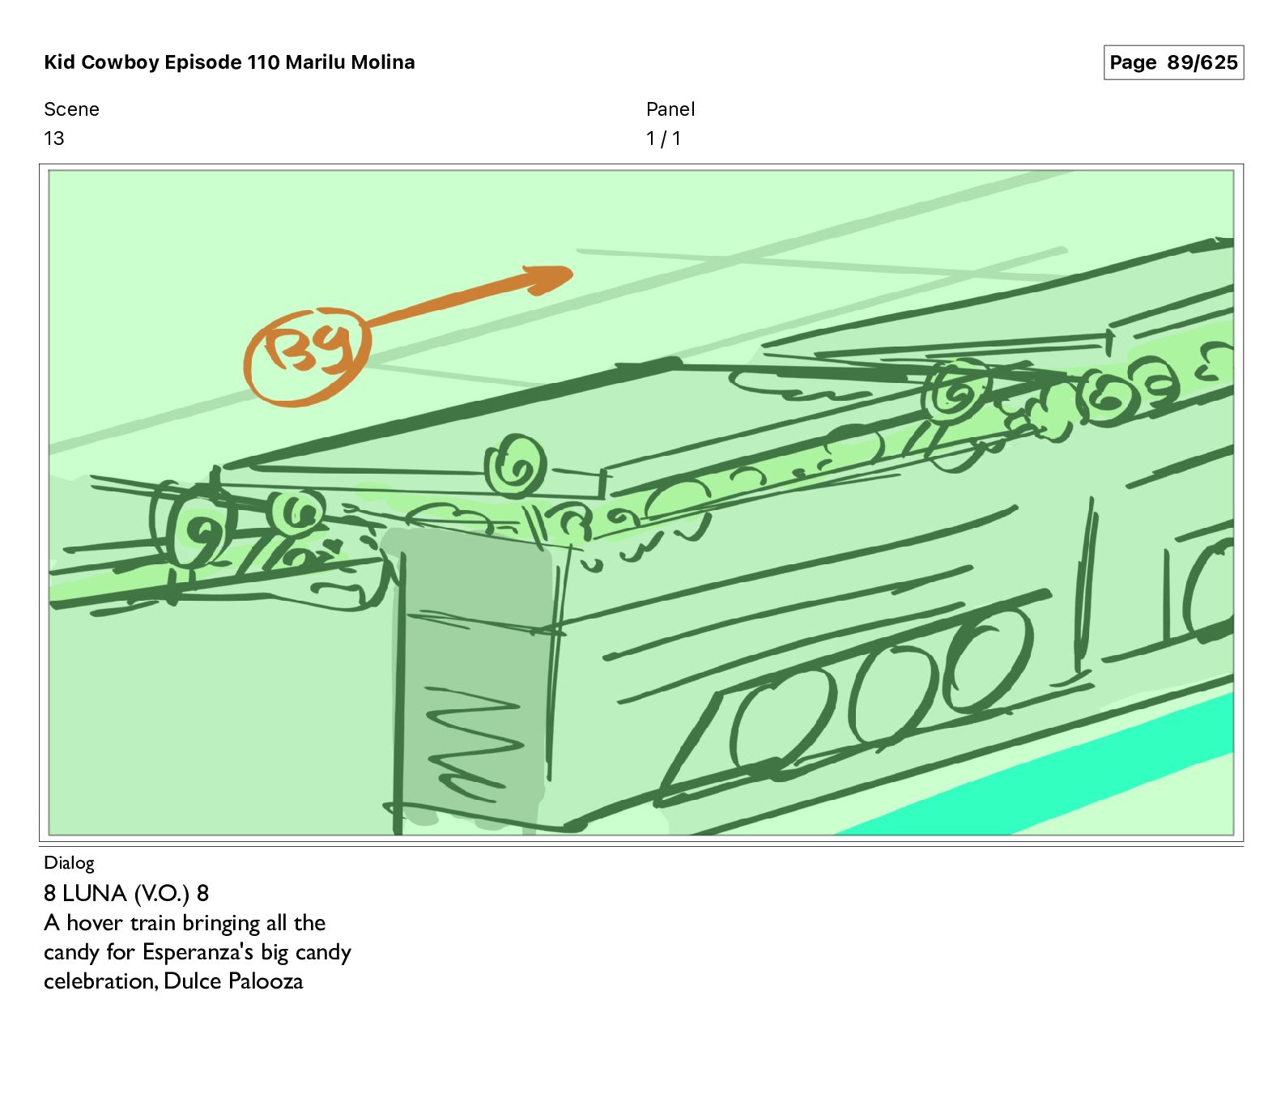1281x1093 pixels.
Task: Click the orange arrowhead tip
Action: (572, 273)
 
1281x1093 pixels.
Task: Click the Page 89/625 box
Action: (1173, 62)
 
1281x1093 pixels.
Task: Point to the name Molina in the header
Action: (382, 62)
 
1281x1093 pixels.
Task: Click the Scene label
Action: (71, 109)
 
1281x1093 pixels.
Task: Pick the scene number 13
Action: (53, 138)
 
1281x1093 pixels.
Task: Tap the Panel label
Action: (670, 109)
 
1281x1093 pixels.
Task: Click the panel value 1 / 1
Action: (663, 138)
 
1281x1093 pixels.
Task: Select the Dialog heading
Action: (69, 863)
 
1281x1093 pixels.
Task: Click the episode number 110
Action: (263, 62)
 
